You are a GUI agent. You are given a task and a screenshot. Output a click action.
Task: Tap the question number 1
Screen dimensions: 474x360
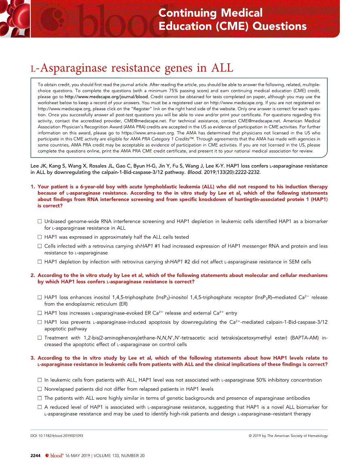tap(33, 187)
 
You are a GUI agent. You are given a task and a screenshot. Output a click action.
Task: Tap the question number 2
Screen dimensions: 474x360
tap(33, 275)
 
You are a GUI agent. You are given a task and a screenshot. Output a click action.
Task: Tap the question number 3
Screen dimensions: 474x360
tap(33, 358)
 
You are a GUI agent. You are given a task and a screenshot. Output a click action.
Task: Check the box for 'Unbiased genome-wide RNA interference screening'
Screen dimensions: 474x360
tap(40, 222)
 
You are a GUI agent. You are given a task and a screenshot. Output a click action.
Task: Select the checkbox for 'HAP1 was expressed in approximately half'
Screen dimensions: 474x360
tap(40, 237)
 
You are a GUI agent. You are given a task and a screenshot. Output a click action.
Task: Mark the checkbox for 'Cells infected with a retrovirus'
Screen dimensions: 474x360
tap(40, 246)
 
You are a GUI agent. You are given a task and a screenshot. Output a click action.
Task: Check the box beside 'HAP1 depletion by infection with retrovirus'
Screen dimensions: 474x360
tap(40, 262)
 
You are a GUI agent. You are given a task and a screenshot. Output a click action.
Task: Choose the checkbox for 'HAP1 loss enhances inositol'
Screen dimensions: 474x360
tap(40, 298)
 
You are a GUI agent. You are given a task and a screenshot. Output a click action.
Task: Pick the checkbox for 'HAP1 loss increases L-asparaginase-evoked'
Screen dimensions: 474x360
tap(40, 313)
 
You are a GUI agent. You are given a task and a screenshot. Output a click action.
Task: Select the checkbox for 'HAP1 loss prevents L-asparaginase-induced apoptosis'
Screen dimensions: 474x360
tap(40, 322)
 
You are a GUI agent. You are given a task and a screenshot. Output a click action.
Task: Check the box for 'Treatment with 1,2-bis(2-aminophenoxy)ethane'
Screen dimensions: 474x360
tap(40, 338)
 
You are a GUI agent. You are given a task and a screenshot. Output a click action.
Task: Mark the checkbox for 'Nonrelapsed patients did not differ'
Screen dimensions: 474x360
tap(40, 389)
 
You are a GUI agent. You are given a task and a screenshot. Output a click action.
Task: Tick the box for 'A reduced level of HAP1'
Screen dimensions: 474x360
tap(40, 407)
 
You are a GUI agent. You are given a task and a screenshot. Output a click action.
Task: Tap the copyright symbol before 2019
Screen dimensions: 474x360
tap(251, 436)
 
